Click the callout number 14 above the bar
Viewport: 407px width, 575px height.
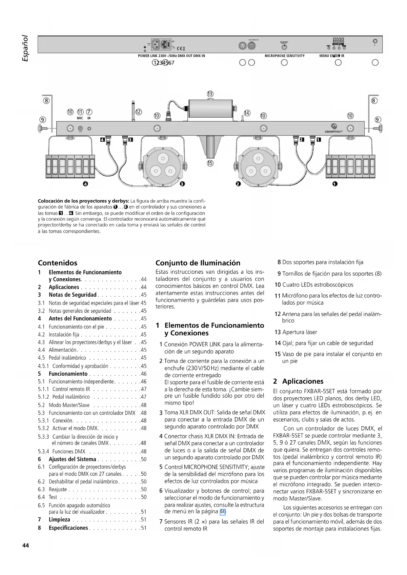point(247,113)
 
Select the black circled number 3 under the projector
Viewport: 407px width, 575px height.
point(183,184)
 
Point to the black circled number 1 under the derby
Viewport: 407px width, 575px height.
point(335,184)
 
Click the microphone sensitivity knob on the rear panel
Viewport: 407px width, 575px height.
point(284,47)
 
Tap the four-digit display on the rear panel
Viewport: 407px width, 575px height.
point(338,39)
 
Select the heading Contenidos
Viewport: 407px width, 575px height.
point(58,263)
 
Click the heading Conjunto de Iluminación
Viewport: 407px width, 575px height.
point(198,263)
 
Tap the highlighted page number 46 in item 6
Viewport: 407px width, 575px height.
point(223,511)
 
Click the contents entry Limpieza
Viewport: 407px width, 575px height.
point(59,520)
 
